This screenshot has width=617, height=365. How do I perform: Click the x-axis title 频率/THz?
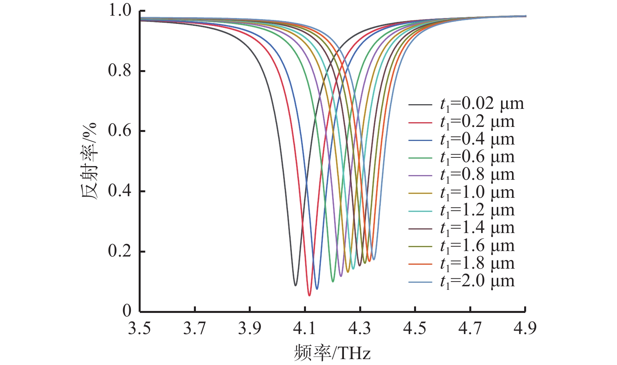pos(332,354)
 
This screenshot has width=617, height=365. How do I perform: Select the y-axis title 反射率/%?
pos(89,161)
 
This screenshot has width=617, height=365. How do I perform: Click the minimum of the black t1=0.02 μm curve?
pos(295,285)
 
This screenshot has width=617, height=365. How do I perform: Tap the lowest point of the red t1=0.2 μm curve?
pos(309,295)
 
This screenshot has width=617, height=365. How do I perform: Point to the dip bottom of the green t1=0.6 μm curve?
pos(333,282)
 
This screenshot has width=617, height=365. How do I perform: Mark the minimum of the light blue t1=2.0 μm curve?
pos(374,259)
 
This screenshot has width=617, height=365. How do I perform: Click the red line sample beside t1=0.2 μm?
pos(420,123)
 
